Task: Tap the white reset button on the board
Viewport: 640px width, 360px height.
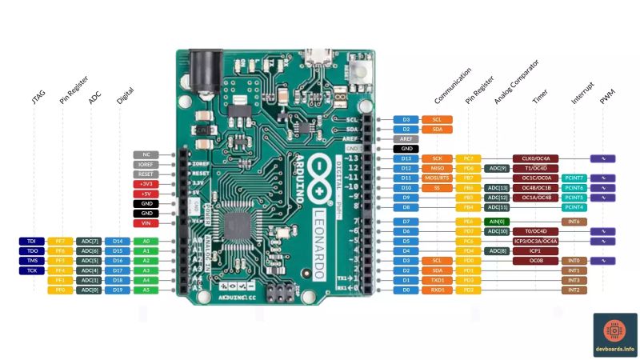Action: click(358, 71)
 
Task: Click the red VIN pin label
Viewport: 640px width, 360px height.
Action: click(146, 223)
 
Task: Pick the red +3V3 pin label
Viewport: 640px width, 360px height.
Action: click(146, 184)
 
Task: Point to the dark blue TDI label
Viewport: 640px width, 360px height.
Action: click(31, 241)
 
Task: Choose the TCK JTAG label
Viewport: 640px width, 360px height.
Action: click(31, 270)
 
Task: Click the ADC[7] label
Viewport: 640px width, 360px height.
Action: click(89, 241)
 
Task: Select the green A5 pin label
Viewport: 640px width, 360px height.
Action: click(146, 290)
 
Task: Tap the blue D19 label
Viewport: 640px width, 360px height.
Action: click(118, 290)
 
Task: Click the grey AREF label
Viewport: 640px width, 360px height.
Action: click(406, 138)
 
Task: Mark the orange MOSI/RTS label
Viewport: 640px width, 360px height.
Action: click(437, 178)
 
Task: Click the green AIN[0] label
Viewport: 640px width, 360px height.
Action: click(496, 221)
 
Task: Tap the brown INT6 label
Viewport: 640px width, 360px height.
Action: click(574, 221)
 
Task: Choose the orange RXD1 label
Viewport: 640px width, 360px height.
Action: click(437, 290)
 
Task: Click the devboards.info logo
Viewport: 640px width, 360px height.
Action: click(614, 334)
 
